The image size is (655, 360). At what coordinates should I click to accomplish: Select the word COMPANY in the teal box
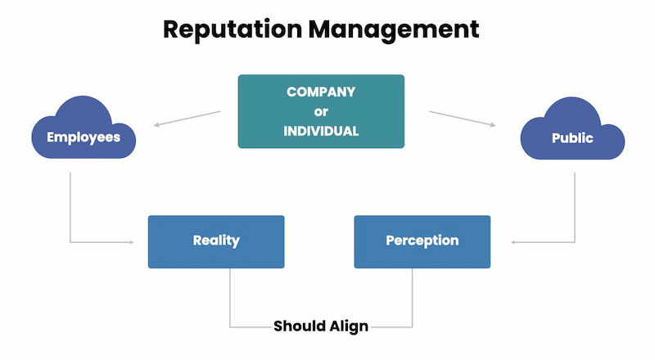(x=321, y=92)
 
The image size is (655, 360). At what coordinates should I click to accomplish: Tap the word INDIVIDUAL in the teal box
(x=321, y=131)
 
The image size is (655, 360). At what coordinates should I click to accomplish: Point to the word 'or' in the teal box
(x=321, y=111)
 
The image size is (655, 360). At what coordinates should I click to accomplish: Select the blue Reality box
(x=216, y=241)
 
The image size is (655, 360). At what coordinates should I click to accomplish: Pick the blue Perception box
(x=422, y=241)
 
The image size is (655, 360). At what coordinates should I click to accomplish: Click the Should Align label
(x=321, y=326)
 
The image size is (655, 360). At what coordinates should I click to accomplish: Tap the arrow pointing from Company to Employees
(x=187, y=119)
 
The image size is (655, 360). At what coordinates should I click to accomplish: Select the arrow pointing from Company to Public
(x=463, y=119)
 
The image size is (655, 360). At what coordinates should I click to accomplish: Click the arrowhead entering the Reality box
(x=131, y=242)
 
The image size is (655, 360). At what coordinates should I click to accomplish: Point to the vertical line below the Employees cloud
(x=70, y=205)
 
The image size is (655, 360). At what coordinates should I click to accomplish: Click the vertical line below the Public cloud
(x=574, y=205)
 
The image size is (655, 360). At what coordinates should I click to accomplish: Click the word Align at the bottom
(x=350, y=326)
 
